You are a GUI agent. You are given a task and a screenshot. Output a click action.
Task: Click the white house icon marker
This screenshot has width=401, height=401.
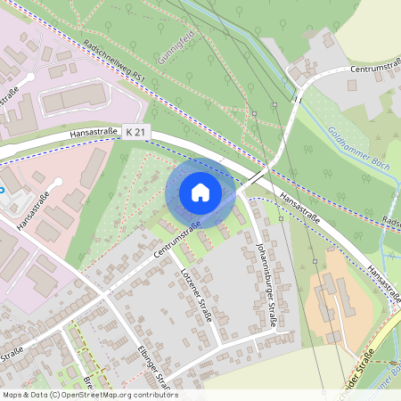point(200,192)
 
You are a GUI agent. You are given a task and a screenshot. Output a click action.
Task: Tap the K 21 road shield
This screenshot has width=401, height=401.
point(136,132)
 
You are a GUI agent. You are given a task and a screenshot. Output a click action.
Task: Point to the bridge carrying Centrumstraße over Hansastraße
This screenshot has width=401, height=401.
point(254,178)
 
